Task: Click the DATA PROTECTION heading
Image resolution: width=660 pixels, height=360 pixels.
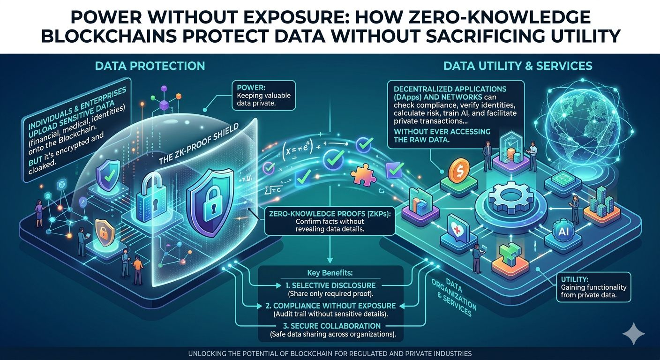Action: coord(150,65)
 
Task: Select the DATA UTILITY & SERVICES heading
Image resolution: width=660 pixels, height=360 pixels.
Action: coord(518,65)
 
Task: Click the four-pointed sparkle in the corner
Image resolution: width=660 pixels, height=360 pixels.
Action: coord(633,334)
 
